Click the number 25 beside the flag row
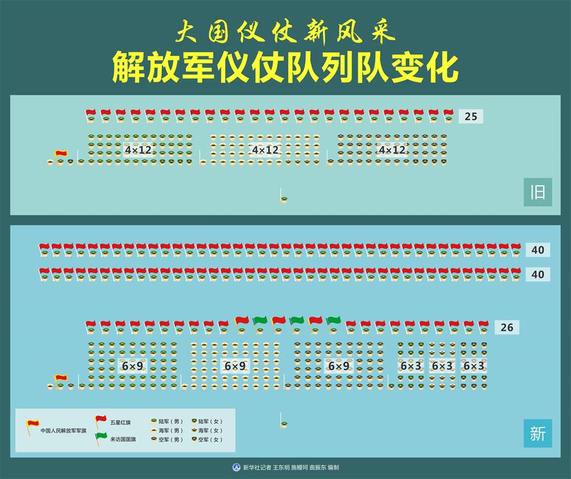point(470,116)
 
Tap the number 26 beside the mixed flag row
point(506,327)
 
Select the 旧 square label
point(537,192)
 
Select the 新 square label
point(537,434)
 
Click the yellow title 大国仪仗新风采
point(285,31)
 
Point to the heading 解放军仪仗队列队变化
point(285,68)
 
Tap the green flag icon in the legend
point(101,438)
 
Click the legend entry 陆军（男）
point(170,421)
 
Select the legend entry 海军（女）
point(210,430)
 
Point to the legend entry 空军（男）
point(170,439)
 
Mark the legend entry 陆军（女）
point(210,421)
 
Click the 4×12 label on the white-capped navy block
point(265,150)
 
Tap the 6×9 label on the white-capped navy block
point(235,366)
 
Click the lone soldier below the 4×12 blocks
point(283,199)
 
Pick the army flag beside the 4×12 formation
point(61,154)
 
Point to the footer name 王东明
point(284,468)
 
